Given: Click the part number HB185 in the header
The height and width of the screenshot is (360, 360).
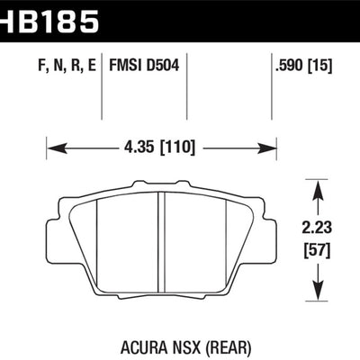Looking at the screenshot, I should click(x=49, y=20).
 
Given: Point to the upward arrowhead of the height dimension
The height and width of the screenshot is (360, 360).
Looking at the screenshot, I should click(x=317, y=184).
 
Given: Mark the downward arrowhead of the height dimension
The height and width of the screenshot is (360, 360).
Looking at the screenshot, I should click(x=317, y=294).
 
